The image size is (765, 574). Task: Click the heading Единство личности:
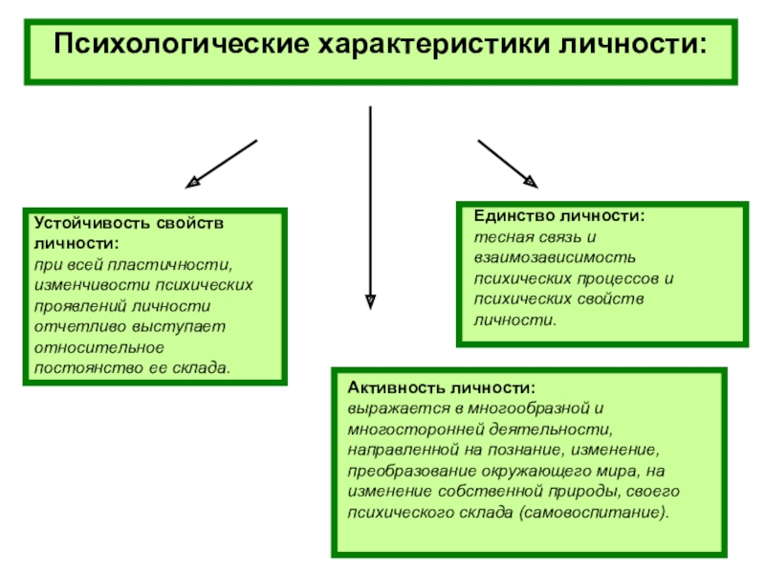(x=559, y=217)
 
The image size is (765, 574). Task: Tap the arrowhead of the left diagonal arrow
(x=193, y=180)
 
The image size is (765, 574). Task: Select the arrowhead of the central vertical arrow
(x=370, y=301)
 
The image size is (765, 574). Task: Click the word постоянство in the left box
(x=77, y=367)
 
